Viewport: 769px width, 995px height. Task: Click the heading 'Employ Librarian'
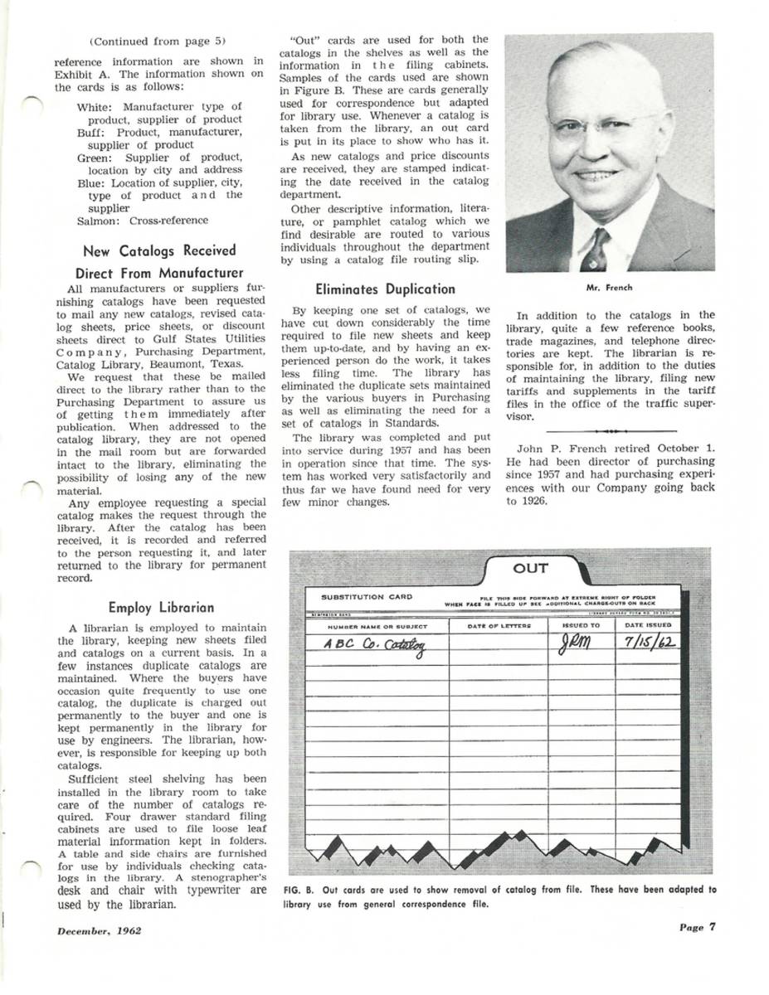(161, 607)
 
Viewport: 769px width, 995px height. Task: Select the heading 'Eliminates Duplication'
(385, 289)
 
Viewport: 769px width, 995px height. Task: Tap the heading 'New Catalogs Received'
(159, 250)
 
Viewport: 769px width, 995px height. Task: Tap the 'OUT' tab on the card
(530, 568)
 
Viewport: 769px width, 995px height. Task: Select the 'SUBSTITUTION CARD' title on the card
(366, 596)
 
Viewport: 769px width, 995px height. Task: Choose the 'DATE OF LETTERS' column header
(499, 625)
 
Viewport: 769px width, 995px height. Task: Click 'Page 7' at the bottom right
(696, 927)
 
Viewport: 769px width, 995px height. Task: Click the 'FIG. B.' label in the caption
(297, 890)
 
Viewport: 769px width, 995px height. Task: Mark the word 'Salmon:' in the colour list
(99, 221)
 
